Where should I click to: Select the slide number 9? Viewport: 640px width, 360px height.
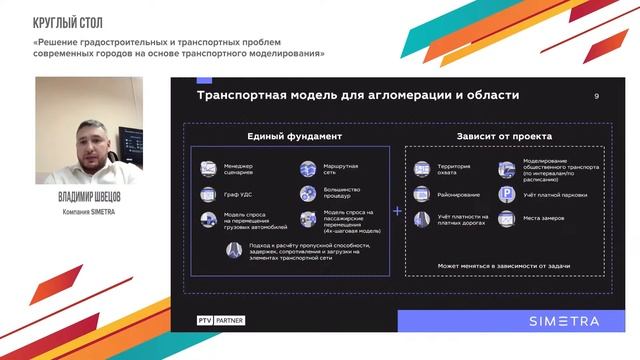[596, 96]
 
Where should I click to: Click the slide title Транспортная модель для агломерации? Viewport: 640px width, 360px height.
[358, 95]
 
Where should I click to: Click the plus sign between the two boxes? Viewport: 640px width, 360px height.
[397, 212]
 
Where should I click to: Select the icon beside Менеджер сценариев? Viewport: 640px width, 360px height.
[209, 167]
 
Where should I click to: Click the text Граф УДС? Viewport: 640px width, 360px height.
[240, 194]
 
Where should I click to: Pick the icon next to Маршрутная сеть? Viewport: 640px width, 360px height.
[307, 167]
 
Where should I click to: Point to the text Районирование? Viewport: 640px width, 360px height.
[457, 194]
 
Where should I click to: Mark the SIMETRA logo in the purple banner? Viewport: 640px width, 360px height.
[564, 321]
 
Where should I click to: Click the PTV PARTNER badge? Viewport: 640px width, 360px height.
[221, 321]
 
